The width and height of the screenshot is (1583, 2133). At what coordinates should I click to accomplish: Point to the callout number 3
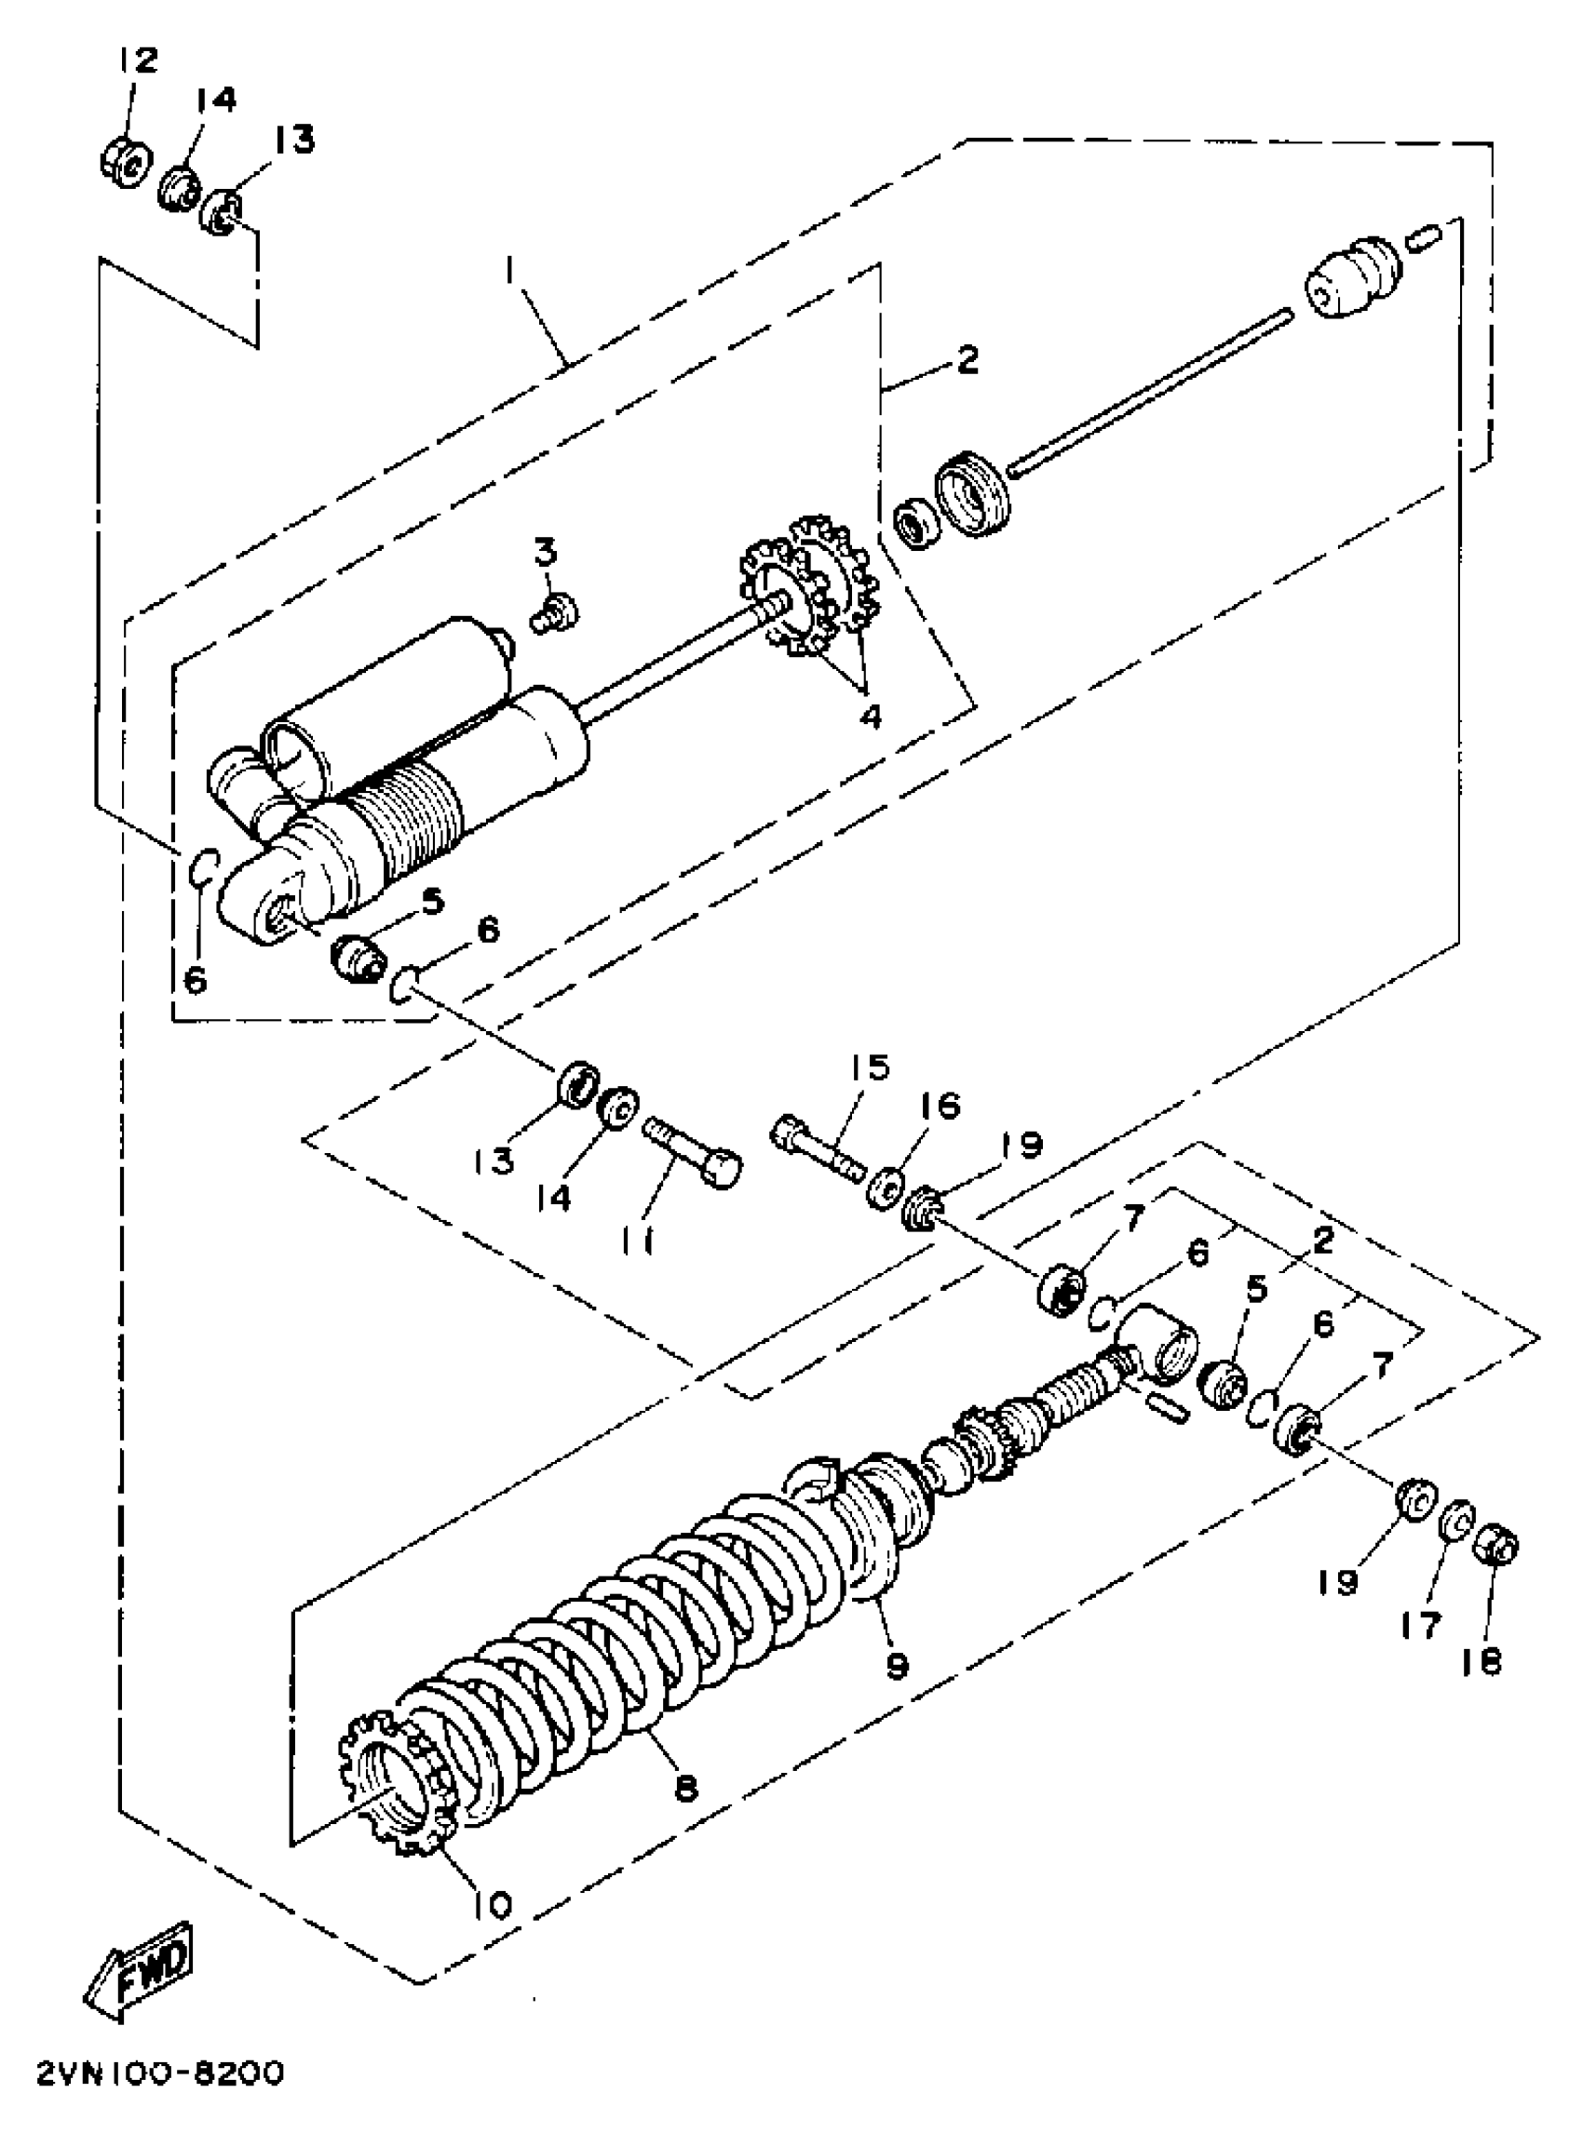546,553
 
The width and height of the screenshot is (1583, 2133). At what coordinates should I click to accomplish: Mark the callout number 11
636,1242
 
